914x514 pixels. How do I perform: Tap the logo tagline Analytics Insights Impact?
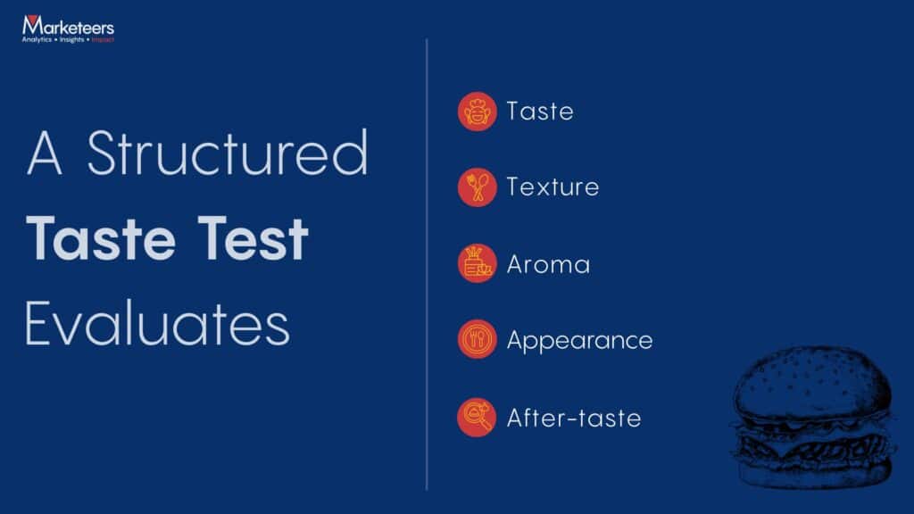68,40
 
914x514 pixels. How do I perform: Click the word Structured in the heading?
227,153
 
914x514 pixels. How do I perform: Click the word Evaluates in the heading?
157,325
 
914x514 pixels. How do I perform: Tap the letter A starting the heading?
45,153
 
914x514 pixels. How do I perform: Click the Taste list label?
539,112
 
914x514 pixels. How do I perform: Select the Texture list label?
552,187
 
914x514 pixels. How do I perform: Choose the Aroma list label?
547,264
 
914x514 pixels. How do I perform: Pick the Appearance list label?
579,341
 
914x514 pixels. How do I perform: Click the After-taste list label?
573,418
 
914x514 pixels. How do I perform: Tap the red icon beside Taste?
477,112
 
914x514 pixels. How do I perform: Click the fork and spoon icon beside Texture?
477,187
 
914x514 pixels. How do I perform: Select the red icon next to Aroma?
477,264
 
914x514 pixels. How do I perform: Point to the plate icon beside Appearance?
477,340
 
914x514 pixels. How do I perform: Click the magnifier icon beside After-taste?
477,417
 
